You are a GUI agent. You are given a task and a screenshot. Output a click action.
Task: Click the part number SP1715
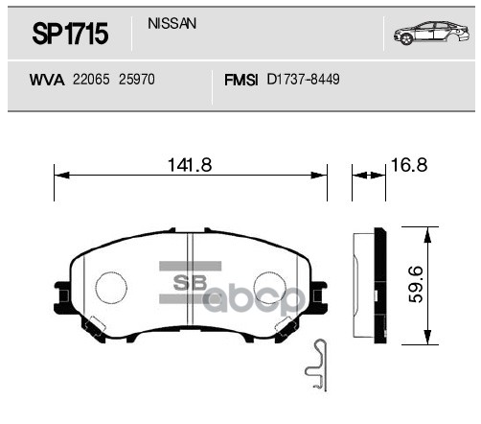coord(70,36)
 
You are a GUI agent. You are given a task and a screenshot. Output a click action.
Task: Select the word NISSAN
coord(172,24)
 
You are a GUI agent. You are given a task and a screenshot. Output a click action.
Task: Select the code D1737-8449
coord(303,82)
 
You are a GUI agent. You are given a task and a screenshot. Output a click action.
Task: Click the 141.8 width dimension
coord(190,165)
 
